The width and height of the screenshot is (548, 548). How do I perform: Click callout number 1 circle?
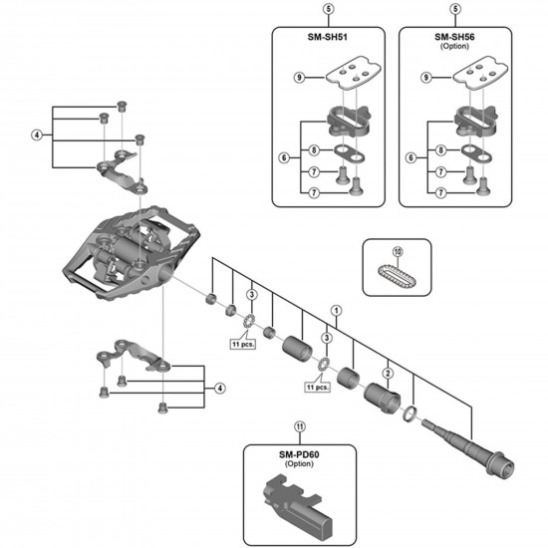click(x=337, y=310)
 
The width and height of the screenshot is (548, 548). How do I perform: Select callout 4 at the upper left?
click(x=37, y=134)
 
